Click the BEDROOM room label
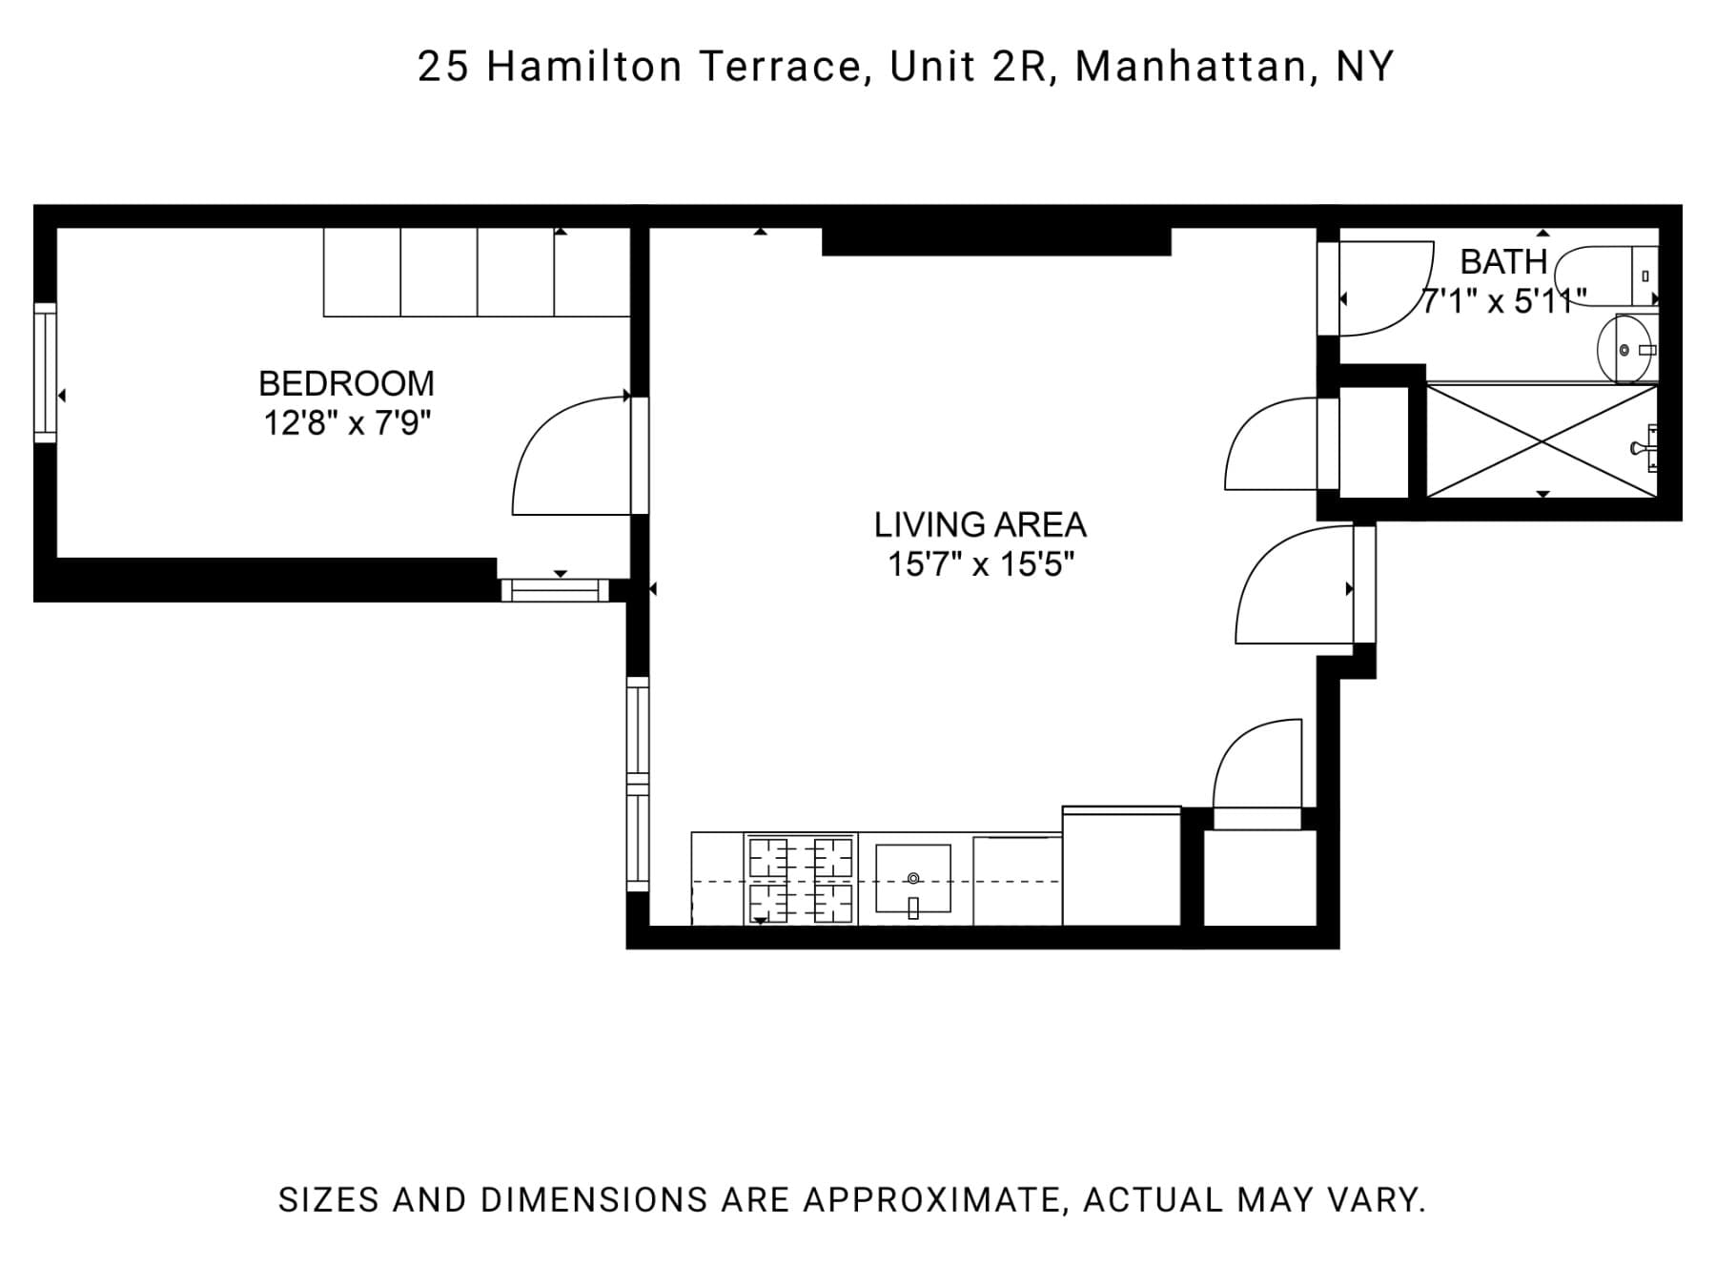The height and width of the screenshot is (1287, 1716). (346, 383)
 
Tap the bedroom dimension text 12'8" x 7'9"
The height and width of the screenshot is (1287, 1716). (347, 422)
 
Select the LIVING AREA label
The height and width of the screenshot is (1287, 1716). (980, 524)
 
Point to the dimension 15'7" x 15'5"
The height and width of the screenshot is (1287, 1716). (980, 564)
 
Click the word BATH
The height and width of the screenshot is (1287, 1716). (1503, 261)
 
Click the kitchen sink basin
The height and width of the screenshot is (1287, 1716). (912, 878)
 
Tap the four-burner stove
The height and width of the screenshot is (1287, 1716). (801, 879)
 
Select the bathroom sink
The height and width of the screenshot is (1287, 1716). (1626, 350)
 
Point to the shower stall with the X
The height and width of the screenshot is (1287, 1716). (1542, 440)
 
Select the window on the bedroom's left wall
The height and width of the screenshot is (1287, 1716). (45, 372)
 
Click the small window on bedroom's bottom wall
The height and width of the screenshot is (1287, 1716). (555, 590)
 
